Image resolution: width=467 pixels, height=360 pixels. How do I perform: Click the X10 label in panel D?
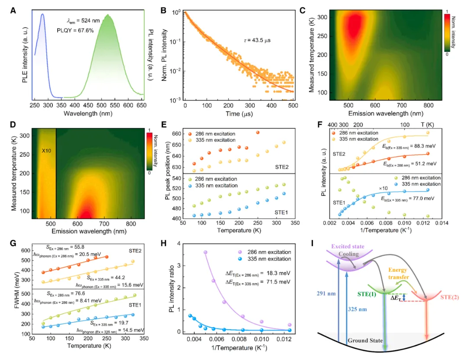47,152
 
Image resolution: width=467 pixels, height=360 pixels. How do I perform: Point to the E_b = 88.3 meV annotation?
406,147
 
